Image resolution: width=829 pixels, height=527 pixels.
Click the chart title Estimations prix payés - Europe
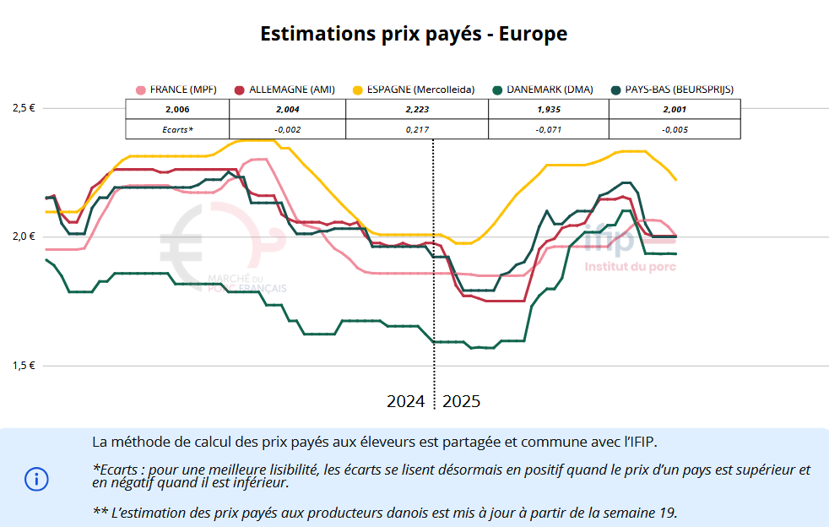coord(414,35)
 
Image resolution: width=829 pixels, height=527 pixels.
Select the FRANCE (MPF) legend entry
coord(176,90)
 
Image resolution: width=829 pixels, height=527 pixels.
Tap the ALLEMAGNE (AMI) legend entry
coord(284,90)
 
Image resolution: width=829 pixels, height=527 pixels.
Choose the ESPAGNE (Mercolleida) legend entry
coord(414,90)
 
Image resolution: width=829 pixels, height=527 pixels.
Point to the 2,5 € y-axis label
coord(24,108)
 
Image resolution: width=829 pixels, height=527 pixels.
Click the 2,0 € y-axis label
coord(24,236)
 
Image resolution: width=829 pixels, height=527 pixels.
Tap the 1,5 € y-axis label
coord(24,366)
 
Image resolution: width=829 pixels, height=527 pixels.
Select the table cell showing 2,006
coord(177,110)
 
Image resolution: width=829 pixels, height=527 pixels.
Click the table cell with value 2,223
coord(418,110)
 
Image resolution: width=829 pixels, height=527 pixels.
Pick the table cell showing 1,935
coord(549,110)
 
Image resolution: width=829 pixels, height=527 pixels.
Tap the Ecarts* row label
coord(177,129)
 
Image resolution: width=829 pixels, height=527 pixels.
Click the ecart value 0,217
coord(418,129)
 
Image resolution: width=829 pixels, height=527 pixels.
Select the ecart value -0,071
coord(549,129)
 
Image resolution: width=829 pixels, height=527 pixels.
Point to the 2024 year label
coord(405,401)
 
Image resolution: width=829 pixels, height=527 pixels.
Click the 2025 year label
coord(461,401)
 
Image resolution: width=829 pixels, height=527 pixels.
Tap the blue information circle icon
coord(36,480)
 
